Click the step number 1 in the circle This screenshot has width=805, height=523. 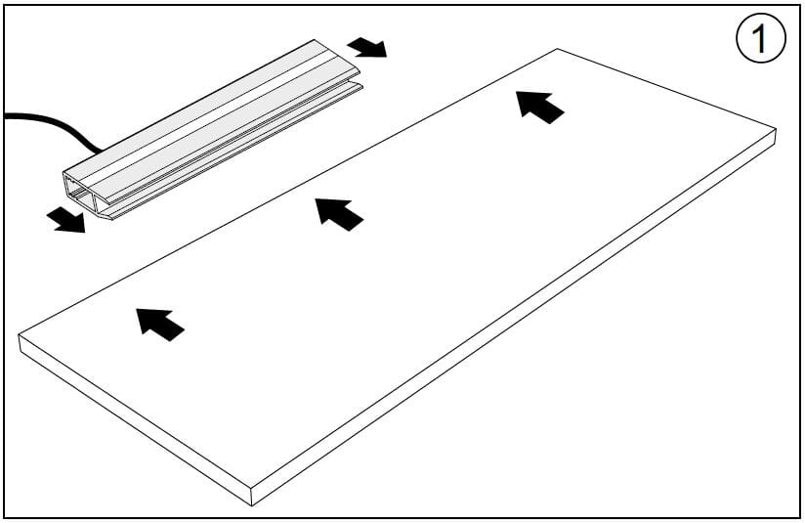[x=760, y=38]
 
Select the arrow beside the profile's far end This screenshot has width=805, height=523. [x=367, y=47]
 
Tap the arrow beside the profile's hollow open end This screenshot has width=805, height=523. [x=65, y=220]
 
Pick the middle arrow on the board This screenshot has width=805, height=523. [x=339, y=214]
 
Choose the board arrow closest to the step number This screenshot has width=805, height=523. [x=539, y=107]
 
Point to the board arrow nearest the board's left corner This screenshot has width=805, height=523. [x=159, y=325]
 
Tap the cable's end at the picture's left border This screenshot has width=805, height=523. [x=6, y=115]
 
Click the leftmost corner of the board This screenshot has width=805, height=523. [x=19, y=335]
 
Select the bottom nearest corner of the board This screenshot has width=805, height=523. [x=252, y=505]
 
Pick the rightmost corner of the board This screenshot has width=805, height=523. [x=776, y=129]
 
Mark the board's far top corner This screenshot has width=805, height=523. [x=558, y=49]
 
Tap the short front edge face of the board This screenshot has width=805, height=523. [x=135, y=419]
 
